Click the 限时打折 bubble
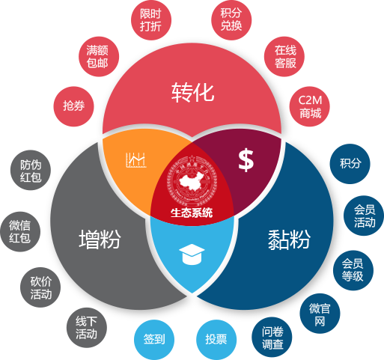pos(151,20)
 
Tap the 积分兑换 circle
pos(231,20)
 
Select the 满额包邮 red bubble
pos(99,57)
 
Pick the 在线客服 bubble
pos(284,57)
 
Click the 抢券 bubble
pos(73,106)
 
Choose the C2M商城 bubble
pos(310,106)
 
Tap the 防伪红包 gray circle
pos(31,170)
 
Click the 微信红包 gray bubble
pos(20,231)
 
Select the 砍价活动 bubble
pos(40,287)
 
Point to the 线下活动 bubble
pos(87,328)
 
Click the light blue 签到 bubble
pos(154,340)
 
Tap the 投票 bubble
pos(216,340)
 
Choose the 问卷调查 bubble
pos(272,338)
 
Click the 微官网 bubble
pos(320,314)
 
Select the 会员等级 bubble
pos(353,270)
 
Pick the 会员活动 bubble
pos(364,216)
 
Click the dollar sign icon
pos(246,160)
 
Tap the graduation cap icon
pos(192,254)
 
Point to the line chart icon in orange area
pos(135,159)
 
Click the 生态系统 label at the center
pos(192,213)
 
